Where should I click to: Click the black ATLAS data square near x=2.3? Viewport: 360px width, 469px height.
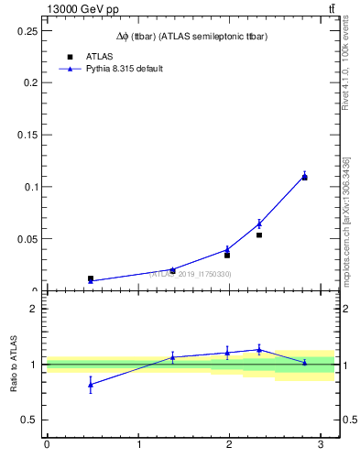(x=259, y=235)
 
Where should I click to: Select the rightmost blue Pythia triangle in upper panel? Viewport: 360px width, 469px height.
(x=305, y=176)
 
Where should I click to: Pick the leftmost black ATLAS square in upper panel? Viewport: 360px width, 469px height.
(x=91, y=278)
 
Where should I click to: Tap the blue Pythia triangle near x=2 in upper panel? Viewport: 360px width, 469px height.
(x=227, y=249)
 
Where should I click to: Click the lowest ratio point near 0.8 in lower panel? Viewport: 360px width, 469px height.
(x=91, y=385)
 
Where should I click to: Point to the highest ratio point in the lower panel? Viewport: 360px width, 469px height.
(x=259, y=349)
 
